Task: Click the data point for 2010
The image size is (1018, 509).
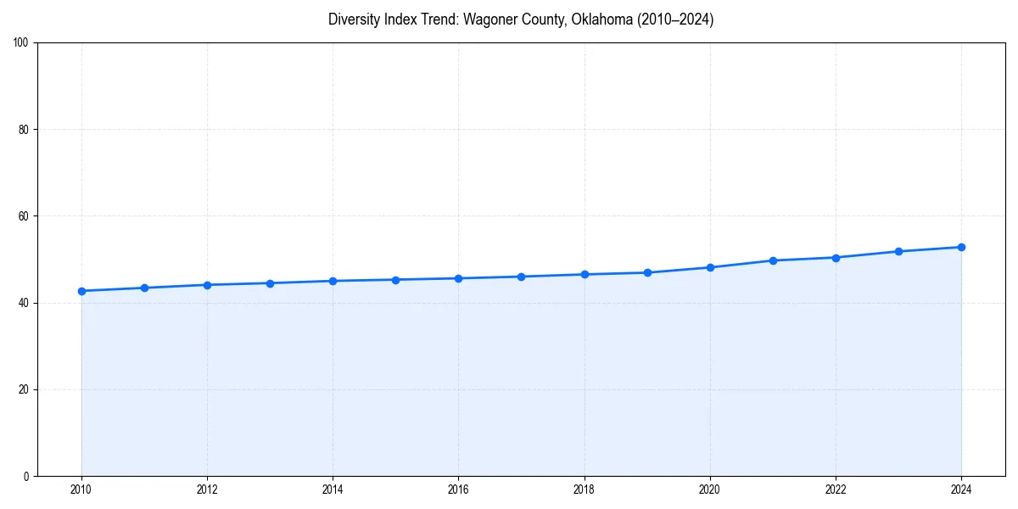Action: [81, 291]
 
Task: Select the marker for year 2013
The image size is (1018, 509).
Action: [270, 283]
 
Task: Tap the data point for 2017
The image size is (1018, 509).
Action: [521, 277]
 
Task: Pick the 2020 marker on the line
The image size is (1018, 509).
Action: [710, 267]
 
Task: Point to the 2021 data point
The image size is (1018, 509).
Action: [773, 260]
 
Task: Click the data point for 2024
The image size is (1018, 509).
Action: [961, 247]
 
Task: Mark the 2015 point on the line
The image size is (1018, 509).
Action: [395, 280]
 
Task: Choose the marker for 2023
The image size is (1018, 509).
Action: [898, 251]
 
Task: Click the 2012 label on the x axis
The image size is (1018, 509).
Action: [207, 489]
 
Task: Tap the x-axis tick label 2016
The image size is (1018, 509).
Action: [458, 489]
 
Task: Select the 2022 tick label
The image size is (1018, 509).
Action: [836, 489]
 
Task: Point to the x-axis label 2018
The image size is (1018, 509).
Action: [584, 489]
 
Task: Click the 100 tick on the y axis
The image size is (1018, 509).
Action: [22, 43]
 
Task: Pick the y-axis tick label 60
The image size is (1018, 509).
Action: [25, 216]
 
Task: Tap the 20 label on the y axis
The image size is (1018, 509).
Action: [25, 389]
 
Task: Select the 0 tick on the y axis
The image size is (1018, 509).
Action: [27, 476]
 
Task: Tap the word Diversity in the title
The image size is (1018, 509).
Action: [353, 20]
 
